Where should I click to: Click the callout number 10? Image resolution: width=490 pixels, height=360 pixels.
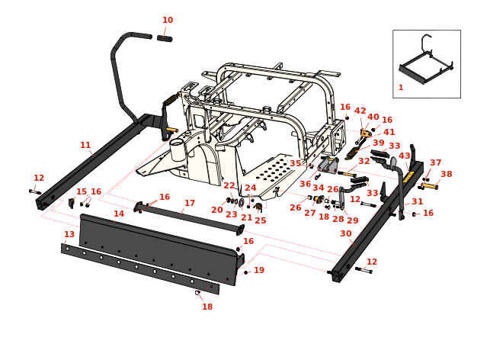point(168,21)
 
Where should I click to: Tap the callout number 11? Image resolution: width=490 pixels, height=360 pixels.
point(85,145)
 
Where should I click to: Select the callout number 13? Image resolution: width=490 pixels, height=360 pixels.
point(69,234)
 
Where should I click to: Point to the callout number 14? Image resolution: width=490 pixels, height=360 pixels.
point(119,214)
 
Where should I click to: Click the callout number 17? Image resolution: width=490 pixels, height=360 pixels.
point(190,204)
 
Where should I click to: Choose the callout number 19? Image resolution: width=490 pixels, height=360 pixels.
point(259,270)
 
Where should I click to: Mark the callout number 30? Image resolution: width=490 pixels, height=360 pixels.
point(345,234)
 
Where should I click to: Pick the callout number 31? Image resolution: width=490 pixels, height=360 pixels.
point(417,202)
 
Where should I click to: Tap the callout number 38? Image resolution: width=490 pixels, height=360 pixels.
point(446,174)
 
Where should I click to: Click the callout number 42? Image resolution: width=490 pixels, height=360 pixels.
point(360,111)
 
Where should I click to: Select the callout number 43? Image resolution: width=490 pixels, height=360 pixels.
point(405,156)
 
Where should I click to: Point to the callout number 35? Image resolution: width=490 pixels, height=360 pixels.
point(296,163)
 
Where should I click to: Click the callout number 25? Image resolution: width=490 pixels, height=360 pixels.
point(261,220)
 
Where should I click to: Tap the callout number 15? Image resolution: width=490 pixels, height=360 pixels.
point(82,191)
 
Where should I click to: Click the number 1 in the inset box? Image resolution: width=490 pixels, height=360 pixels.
point(401,88)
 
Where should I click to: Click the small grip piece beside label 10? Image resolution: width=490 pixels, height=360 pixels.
point(165,37)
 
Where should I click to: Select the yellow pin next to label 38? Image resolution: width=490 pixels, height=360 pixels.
point(429,185)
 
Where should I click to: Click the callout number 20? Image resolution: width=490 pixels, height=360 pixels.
point(217,210)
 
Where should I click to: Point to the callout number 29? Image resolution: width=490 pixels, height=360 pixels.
point(352,220)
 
